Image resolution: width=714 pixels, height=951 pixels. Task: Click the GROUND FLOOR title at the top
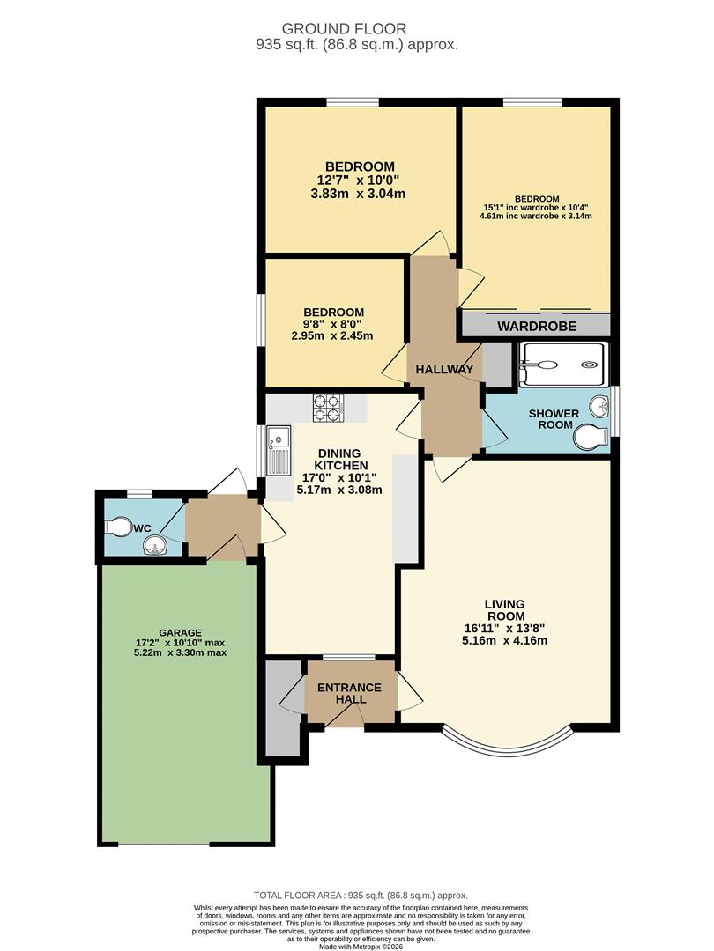tap(356, 28)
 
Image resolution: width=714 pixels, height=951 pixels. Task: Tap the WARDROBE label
tap(537, 327)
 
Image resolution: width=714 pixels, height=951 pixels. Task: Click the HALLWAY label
tap(445, 369)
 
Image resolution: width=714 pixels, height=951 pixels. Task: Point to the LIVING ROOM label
tap(504, 609)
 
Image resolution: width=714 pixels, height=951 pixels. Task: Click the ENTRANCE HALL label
tap(350, 693)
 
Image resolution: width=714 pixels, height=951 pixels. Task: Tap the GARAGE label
tap(180, 632)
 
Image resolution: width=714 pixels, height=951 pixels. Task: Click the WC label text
tap(143, 528)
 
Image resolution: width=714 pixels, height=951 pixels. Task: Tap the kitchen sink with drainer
tap(279, 450)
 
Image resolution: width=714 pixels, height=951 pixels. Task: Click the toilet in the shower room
tap(588, 436)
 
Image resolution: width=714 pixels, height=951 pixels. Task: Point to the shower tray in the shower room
tap(562, 365)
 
